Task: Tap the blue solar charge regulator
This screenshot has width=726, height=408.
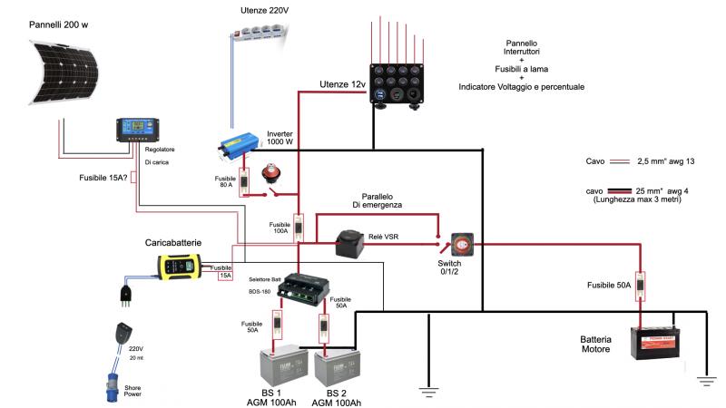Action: pyautogui.click(x=136, y=130)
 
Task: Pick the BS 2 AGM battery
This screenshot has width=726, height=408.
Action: pyautogui.click(x=336, y=367)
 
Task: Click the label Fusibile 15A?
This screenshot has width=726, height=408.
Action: pyautogui.click(x=103, y=178)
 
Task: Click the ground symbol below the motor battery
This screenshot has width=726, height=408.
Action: pyautogui.click(x=707, y=381)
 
